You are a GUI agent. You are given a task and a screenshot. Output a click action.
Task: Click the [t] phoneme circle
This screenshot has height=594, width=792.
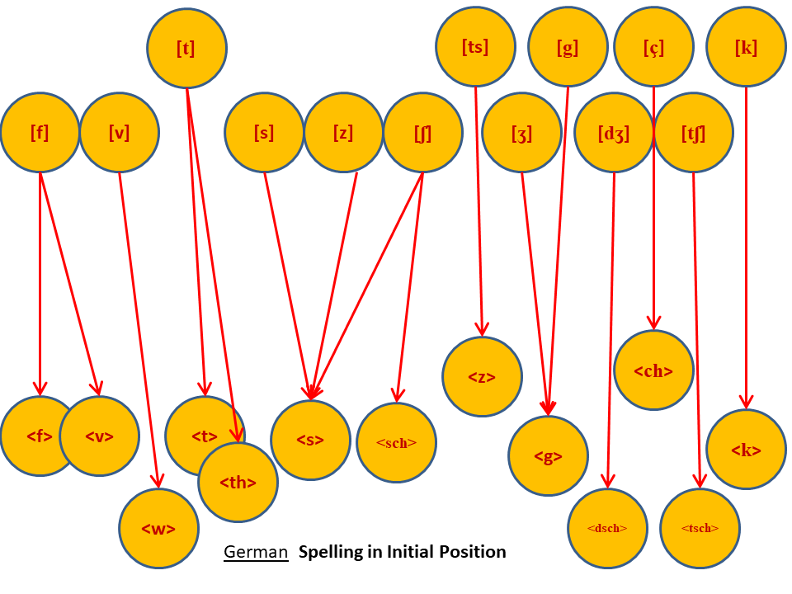click(x=187, y=49)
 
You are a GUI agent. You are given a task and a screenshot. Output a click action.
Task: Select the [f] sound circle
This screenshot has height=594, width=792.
click(x=40, y=133)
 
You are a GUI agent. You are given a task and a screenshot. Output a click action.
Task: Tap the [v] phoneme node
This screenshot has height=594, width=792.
click(x=120, y=133)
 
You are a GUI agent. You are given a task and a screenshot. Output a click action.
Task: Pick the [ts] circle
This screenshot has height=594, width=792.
click(x=476, y=48)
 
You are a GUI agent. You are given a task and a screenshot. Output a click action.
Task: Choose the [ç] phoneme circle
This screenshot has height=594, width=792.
click(x=653, y=48)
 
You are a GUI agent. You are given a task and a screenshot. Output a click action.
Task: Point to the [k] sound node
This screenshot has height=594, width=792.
click(x=746, y=48)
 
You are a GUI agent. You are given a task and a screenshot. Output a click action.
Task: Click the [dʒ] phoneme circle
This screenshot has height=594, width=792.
click(x=614, y=133)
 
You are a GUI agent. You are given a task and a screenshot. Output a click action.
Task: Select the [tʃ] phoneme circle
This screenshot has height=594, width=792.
click(x=693, y=133)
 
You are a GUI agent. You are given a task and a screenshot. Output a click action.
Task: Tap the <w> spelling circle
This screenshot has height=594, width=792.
click(x=158, y=528)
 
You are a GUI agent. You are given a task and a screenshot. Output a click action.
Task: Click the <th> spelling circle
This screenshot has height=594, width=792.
click(x=238, y=483)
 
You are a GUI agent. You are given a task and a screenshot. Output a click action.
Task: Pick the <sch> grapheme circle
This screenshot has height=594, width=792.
click(x=397, y=443)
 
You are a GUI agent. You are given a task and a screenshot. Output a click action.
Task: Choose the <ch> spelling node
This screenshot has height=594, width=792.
click(x=653, y=370)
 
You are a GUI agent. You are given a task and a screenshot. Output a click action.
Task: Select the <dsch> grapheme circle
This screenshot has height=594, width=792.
click(x=607, y=528)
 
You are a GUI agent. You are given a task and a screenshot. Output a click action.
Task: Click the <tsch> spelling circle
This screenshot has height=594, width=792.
click(x=700, y=528)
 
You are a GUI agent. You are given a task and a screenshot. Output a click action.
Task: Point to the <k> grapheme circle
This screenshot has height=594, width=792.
click(x=746, y=450)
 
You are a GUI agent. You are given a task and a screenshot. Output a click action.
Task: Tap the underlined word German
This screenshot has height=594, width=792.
click(x=256, y=552)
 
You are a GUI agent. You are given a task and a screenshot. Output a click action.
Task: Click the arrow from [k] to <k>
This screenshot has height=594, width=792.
click(x=746, y=247)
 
